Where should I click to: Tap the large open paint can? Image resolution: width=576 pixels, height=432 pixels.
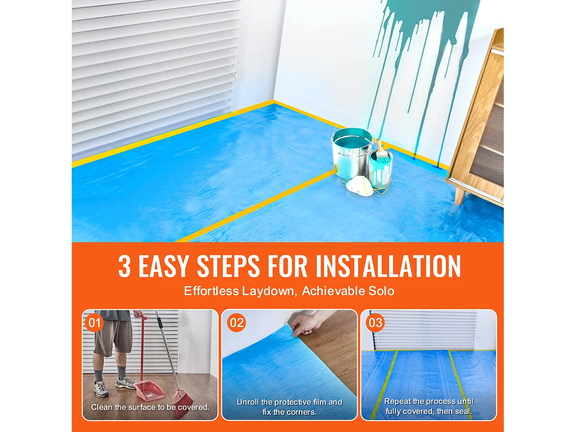coord(351,152)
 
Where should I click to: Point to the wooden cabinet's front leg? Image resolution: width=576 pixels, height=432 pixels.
coord(460,195)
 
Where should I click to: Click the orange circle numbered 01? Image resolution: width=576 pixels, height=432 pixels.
coord(94,323)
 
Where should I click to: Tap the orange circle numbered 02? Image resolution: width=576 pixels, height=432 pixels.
coord(237,323)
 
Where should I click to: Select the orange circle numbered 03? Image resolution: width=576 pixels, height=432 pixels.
coord(375,323)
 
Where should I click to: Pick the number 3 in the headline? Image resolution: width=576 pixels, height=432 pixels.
coord(124,266)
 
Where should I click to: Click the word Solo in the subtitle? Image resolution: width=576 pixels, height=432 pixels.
coord(381,291)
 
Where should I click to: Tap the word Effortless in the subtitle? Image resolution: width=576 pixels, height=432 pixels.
coord(211,291)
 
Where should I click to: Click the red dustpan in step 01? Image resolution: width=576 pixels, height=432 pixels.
coord(150,390)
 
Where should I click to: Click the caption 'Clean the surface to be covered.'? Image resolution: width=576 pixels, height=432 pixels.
coord(150,407)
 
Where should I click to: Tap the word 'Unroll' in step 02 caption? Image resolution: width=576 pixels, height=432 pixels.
coord(248,402)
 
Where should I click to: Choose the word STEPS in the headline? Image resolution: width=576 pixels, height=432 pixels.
coord(228,266)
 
